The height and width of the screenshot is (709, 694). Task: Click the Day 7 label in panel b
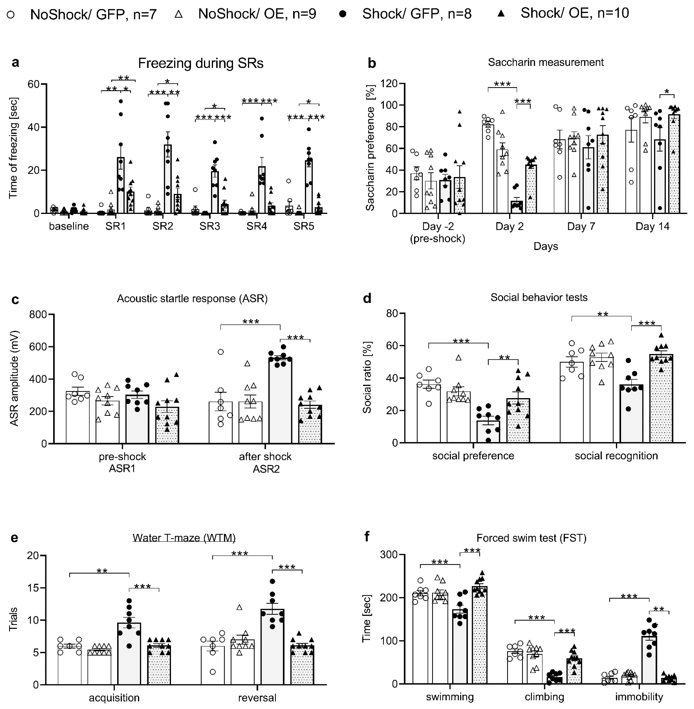point(581,226)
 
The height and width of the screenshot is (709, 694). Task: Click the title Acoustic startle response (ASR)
point(192,299)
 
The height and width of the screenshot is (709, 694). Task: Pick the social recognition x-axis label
point(616,456)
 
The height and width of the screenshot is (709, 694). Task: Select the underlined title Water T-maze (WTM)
point(184,538)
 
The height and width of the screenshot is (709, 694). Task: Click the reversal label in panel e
point(257,698)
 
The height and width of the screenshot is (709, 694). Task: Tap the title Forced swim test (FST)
point(531,538)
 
